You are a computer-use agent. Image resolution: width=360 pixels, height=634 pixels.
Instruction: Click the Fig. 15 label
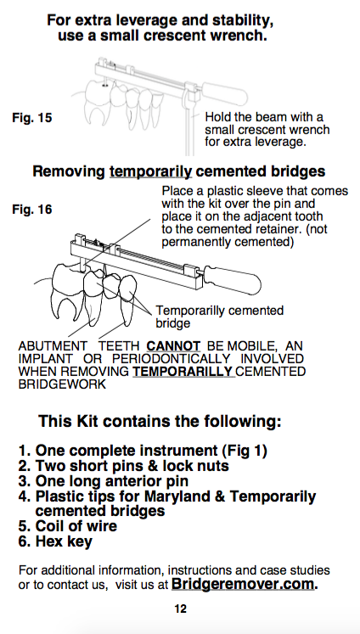click(32, 118)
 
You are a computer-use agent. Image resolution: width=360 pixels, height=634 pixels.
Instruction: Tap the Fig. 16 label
click(32, 210)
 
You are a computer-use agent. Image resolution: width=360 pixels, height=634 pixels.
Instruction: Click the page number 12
click(180, 609)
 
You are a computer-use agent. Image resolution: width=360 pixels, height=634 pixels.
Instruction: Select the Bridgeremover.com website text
click(245, 584)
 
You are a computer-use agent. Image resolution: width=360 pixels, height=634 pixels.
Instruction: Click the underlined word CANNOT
click(173, 346)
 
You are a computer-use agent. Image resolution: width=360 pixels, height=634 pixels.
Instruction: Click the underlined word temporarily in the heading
click(150, 171)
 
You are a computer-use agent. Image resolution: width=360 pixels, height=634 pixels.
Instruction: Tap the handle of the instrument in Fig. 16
click(233, 278)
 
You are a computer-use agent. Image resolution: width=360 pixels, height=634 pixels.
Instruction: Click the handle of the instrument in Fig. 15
click(224, 94)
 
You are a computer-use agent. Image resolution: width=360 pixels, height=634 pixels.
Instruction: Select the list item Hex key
click(55, 541)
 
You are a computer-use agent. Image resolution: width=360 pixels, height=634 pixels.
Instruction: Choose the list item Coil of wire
click(68, 526)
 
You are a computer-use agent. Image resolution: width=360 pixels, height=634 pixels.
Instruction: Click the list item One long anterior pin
click(103, 481)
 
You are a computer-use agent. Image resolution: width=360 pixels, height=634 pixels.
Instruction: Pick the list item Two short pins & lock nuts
click(123, 466)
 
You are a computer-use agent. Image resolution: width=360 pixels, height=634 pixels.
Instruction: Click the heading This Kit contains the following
click(160, 421)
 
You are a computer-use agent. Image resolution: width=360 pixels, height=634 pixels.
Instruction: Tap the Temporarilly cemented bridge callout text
click(220, 317)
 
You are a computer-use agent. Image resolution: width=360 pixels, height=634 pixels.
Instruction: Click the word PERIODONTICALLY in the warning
click(172, 359)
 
